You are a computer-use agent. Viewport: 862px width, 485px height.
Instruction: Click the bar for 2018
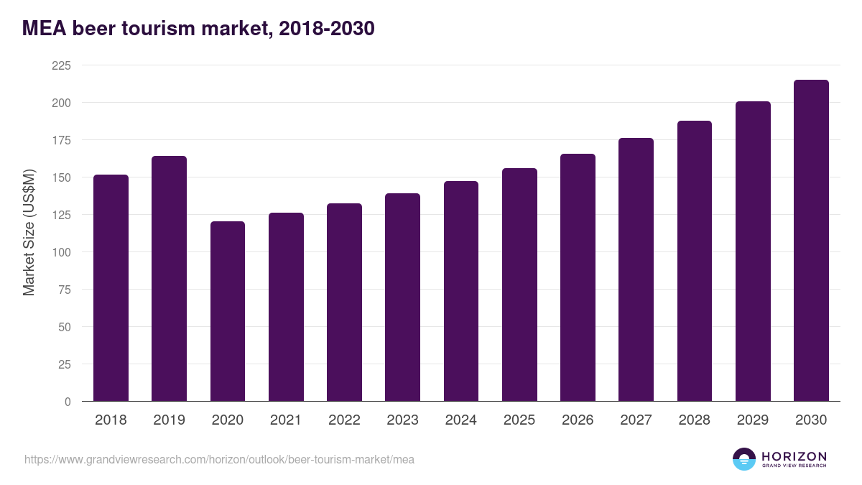point(111,287)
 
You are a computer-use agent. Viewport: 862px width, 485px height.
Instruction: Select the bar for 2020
point(228,311)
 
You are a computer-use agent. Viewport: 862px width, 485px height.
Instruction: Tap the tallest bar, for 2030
point(811,241)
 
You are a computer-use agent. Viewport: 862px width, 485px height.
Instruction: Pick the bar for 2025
point(519,285)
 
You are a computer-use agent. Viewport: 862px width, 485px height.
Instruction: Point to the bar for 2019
point(169,279)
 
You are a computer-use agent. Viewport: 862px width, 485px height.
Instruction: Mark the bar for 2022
point(344,302)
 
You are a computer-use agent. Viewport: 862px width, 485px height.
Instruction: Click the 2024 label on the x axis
point(460,420)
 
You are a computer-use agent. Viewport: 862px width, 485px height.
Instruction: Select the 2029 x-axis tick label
point(753,420)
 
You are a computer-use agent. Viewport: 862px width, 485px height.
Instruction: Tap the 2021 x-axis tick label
point(286,420)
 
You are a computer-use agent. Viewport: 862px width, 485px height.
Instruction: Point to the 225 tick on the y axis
point(61,65)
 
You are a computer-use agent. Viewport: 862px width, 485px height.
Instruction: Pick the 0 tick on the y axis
point(68,402)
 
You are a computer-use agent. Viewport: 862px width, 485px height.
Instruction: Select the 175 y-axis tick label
point(61,140)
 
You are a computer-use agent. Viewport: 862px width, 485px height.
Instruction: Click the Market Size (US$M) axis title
point(29,233)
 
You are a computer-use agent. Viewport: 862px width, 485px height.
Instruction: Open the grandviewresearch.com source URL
point(219,459)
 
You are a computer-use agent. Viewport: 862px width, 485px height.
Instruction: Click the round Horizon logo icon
point(743,459)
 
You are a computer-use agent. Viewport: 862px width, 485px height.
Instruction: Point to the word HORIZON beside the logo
point(794,456)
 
